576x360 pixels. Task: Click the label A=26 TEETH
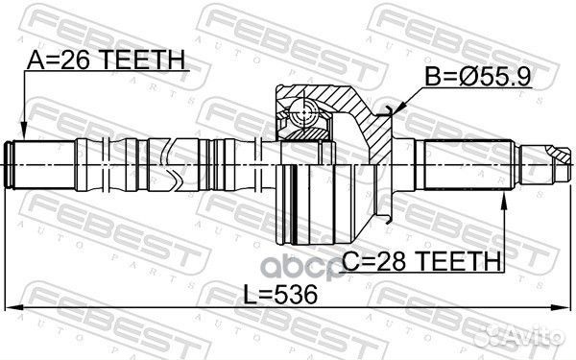[107, 62]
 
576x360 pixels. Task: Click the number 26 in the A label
[85, 62]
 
